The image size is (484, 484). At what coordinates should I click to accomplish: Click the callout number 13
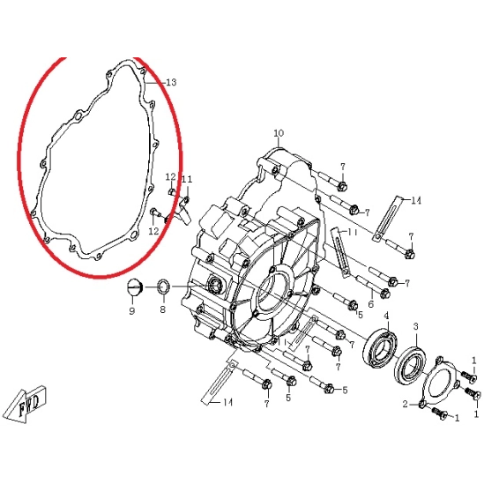click(x=171, y=82)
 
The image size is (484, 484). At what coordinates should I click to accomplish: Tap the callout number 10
click(x=279, y=133)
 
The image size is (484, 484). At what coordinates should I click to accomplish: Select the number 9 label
click(x=132, y=310)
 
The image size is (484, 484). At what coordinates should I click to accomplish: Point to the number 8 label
click(x=163, y=309)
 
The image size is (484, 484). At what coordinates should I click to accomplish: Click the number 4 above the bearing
click(x=386, y=316)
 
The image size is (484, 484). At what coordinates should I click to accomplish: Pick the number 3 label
click(x=416, y=326)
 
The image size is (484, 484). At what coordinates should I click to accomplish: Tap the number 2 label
click(x=406, y=404)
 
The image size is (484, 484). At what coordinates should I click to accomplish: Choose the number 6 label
click(x=371, y=304)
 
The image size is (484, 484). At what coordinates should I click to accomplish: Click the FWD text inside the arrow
click(x=29, y=404)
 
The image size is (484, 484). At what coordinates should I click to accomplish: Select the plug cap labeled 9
click(x=133, y=287)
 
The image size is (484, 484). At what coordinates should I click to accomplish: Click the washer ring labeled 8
click(x=164, y=287)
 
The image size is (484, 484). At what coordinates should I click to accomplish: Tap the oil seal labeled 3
click(x=411, y=366)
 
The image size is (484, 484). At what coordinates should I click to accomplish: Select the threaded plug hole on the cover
click(x=215, y=285)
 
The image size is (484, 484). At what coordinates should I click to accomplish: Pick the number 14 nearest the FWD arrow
click(x=227, y=402)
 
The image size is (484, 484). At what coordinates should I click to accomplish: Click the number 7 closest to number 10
click(x=343, y=167)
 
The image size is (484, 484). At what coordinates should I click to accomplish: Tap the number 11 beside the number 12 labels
click(x=187, y=180)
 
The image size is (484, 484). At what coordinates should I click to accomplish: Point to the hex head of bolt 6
click(x=384, y=294)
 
